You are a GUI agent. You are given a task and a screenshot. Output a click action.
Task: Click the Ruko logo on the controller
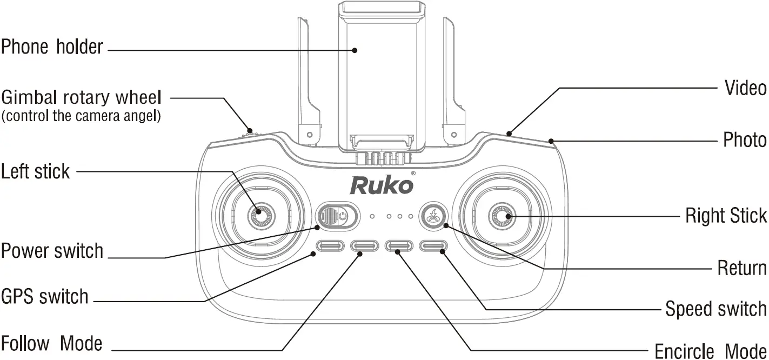click(x=383, y=184)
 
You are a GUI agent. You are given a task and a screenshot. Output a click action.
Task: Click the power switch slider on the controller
click(x=337, y=217)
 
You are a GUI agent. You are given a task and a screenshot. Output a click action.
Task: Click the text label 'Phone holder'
click(x=52, y=47)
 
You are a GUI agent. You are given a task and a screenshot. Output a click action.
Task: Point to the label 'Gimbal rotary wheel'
click(x=82, y=98)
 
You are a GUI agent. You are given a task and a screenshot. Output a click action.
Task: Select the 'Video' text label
click(x=745, y=88)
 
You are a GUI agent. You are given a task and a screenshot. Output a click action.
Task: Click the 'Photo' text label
click(x=745, y=140)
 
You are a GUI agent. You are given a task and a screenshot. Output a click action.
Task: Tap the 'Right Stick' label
click(x=726, y=215)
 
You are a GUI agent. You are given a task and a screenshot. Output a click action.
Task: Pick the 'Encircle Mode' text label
click(x=710, y=350)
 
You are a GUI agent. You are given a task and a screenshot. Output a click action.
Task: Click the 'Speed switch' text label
click(x=715, y=309)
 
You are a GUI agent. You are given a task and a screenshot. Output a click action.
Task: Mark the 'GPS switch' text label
click(x=44, y=297)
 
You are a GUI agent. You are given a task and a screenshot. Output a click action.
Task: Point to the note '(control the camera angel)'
click(x=81, y=116)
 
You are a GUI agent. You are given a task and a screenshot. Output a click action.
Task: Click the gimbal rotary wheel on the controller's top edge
click(x=250, y=131)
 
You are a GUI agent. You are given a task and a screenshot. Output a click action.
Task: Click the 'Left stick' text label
click(x=36, y=172)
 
